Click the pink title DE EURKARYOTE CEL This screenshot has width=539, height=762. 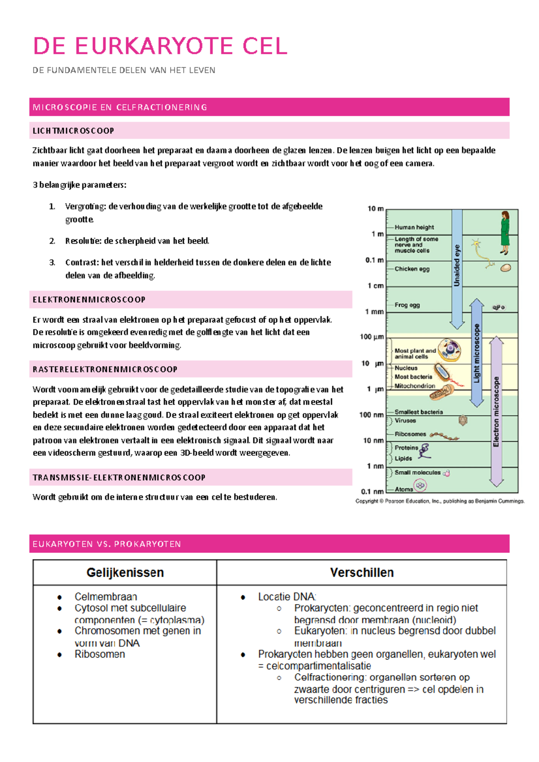click(x=160, y=46)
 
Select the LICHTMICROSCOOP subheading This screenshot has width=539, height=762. click(x=73, y=131)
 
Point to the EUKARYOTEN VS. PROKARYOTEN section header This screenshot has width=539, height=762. click(x=107, y=544)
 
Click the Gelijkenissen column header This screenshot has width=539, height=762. click(x=125, y=573)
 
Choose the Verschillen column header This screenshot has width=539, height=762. click(x=362, y=573)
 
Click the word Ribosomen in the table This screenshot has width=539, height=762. click(x=100, y=654)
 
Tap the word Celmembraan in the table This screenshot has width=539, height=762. click(x=106, y=596)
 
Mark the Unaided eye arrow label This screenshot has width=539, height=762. click(x=457, y=265)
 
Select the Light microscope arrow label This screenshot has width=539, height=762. click(x=477, y=353)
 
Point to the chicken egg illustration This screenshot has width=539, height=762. click(x=506, y=268)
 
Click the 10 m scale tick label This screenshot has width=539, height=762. click(x=376, y=209)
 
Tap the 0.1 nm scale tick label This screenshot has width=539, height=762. click(x=372, y=491)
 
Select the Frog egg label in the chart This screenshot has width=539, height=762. click(x=407, y=305)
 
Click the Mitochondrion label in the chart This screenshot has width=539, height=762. click(x=415, y=386)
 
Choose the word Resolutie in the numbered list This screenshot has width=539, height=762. click(x=83, y=241)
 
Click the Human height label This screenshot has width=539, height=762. click(x=414, y=228)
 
